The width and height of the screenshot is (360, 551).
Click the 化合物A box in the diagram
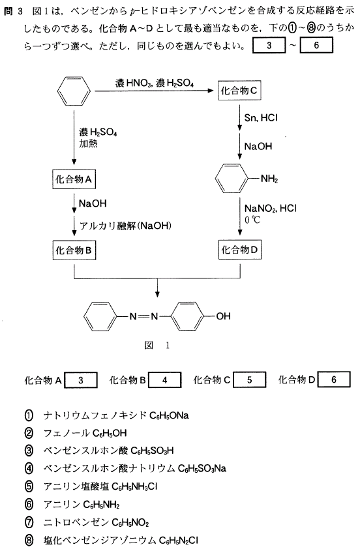tap(74, 179)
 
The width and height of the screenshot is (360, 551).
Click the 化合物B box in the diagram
tap(74, 250)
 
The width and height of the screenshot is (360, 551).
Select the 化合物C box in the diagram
tap(239, 91)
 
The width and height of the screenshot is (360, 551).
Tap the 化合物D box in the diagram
tap(240, 250)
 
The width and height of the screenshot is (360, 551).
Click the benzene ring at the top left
tap(74, 91)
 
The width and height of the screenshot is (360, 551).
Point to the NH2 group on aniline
tap(269, 179)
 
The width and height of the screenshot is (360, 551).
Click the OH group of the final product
tap(223, 316)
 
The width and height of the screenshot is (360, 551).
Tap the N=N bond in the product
tap(143, 316)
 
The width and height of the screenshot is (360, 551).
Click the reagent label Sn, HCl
tap(261, 118)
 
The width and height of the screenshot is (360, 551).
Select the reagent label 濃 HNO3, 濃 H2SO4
tap(155, 83)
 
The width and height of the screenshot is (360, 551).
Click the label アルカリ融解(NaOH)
tap(125, 226)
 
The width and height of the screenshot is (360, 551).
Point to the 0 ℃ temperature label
tap(252, 220)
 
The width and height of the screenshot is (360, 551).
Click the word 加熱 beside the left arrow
tap(88, 143)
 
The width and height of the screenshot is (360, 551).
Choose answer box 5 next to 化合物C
tap(249, 380)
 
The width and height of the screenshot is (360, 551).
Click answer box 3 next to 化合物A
tap(81, 380)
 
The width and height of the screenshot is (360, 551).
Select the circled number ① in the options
tap(29, 415)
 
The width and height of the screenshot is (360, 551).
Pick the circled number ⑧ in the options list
tap(29, 540)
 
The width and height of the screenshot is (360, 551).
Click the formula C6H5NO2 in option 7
tap(130, 522)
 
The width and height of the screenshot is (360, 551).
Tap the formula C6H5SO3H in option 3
tap(152, 451)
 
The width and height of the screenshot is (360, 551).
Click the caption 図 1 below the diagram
tap(157, 345)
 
